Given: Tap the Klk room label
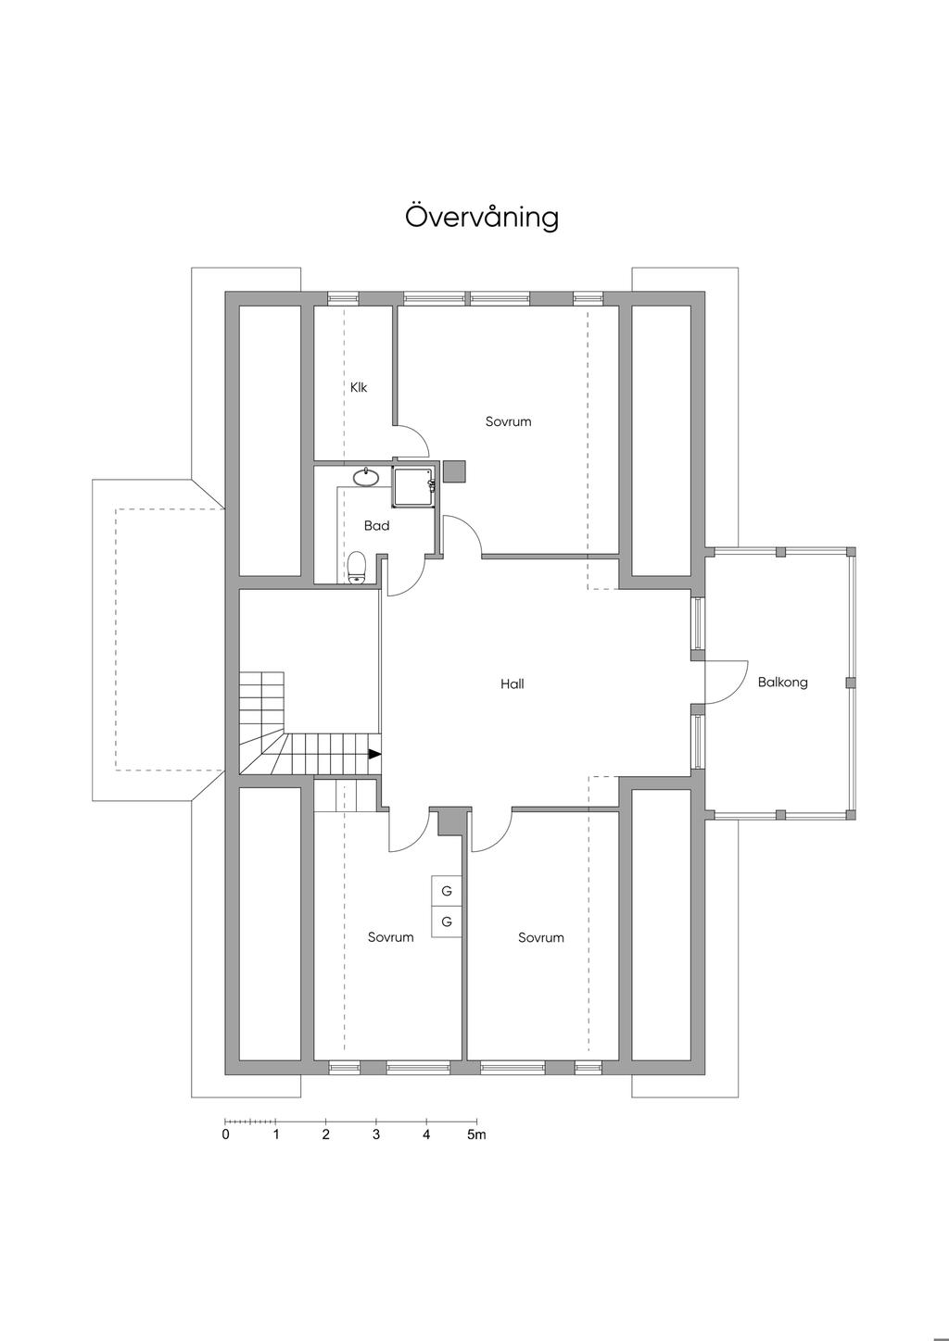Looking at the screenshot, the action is (359, 387).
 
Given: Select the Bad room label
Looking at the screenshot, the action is (377, 526).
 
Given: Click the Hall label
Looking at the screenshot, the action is (512, 683).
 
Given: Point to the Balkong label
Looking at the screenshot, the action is (782, 682).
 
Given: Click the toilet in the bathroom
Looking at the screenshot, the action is (357, 567).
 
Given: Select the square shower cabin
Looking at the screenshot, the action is (414, 485).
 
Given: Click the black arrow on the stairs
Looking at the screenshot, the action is (374, 754).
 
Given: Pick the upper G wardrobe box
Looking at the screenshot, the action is (447, 891).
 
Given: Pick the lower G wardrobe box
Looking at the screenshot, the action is (447, 922).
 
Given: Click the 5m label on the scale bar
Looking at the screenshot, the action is (477, 1134).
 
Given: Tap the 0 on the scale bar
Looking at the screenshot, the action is (225, 1134).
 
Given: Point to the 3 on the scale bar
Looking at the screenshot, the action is (376, 1134).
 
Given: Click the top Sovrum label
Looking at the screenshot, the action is (508, 421).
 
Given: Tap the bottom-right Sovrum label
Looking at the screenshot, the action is (541, 937).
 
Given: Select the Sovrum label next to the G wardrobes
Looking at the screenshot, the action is (390, 937).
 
